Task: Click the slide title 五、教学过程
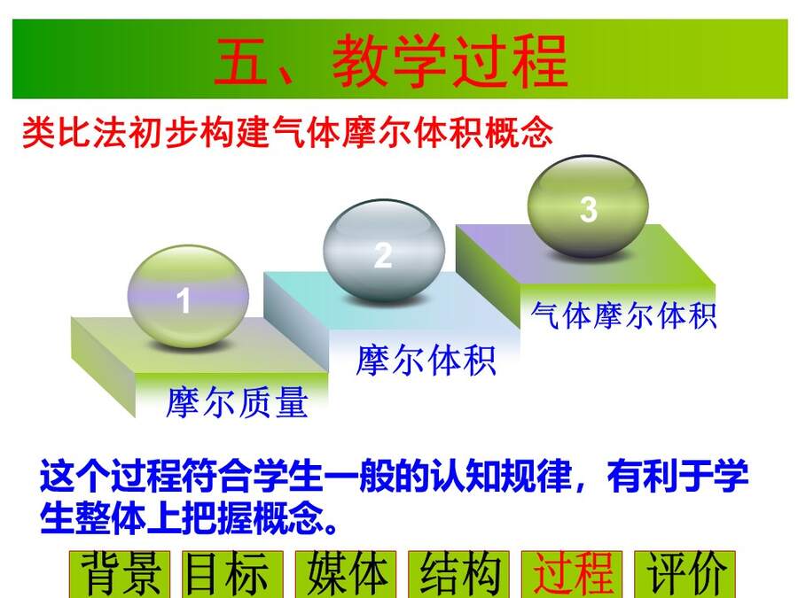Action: coord(390,61)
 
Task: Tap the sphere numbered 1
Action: coord(188,297)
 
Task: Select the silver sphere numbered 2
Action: coord(384,250)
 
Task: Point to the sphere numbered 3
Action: coord(588,206)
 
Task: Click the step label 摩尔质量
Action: coord(237,402)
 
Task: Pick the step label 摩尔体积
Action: coord(426,360)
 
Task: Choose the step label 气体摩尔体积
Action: coord(623,315)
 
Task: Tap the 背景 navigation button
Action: coord(120,574)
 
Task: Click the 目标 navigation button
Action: coord(232,574)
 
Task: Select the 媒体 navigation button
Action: coord(346,574)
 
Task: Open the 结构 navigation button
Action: coord(458,574)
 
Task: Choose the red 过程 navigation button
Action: coord(572,574)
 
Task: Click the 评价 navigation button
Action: coord(685,574)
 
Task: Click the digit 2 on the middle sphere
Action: coord(383,255)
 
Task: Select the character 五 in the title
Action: coord(241,61)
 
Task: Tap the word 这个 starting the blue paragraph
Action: coord(74,477)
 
